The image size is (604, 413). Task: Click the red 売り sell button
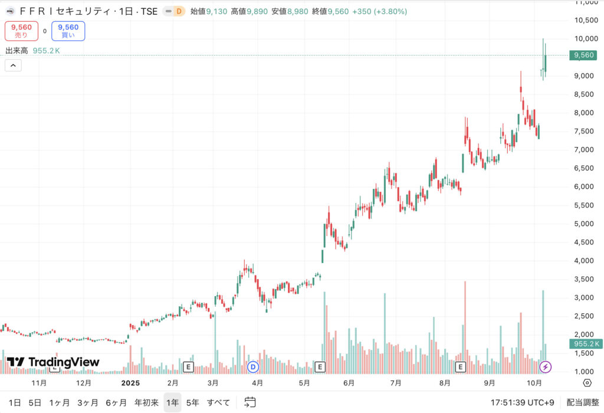tap(22, 31)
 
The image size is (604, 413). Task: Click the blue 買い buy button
tap(68, 31)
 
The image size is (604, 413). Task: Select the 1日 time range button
tap(15, 402)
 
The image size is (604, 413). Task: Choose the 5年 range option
tap(192, 402)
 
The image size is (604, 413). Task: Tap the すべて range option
tap(218, 402)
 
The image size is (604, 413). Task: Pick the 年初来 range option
tap(146, 402)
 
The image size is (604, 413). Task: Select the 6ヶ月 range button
tap(117, 402)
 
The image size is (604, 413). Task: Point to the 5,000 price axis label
tap(583, 224)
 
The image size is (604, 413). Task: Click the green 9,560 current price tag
tap(582, 55)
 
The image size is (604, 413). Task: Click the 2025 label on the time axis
tap(130, 382)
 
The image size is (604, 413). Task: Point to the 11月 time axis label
tap(39, 382)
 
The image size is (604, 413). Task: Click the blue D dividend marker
tap(254, 367)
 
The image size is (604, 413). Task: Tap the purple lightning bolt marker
tap(546, 367)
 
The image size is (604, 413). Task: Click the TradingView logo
tap(53, 362)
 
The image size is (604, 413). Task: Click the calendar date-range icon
tap(250, 402)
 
